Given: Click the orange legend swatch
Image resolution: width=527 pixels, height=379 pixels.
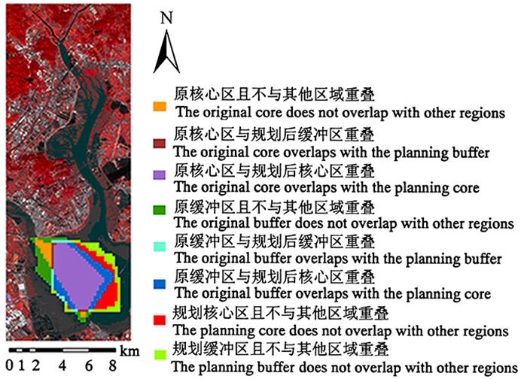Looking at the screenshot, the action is (x=158, y=107).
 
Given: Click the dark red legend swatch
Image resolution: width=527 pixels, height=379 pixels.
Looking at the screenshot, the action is (x=158, y=143).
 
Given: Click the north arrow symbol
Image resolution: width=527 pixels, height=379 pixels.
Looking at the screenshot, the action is (x=166, y=54).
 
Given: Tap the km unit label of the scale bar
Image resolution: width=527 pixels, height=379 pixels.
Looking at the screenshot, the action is (x=129, y=350).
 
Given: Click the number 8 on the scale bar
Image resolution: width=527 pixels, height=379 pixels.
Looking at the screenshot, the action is (x=111, y=366).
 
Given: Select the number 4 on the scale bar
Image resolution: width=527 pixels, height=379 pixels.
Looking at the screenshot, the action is (x=62, y=366).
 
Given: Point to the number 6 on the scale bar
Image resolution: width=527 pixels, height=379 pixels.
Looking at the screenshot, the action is (x=88, y=366).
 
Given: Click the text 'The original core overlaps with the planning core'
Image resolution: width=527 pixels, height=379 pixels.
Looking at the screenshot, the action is (x=332, y=186).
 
